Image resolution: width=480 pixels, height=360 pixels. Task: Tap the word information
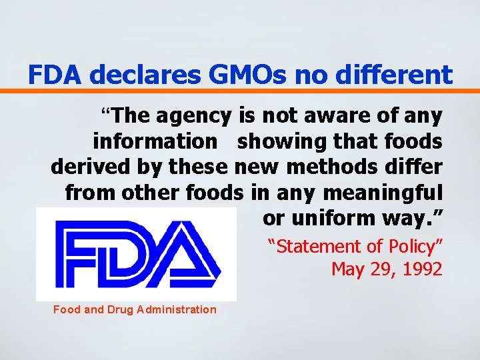point(155,141)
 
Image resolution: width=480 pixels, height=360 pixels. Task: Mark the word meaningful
point(381,193)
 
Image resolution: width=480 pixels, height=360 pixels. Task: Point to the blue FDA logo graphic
point(137,254)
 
